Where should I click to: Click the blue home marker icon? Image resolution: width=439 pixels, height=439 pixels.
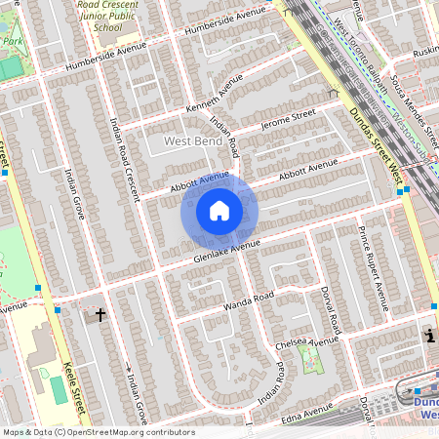coord(219,210)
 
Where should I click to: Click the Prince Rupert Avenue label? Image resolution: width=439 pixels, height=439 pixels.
coord(372,268)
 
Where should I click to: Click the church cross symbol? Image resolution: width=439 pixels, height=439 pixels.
coord(100,315)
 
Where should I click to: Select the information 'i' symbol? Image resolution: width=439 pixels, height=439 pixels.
coord(429,337)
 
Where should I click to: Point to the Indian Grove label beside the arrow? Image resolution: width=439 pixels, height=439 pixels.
coord(138,400)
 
